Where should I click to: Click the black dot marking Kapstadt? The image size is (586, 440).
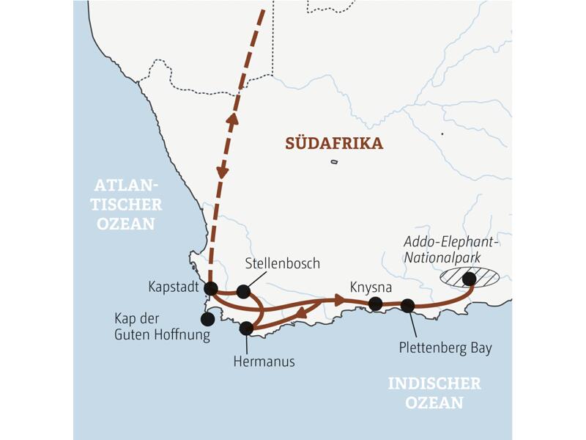pos(211,287)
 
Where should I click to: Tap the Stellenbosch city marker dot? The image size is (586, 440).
pos(243,292)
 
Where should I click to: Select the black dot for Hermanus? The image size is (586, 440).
pos(246,329)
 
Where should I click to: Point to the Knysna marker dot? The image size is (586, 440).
pos(376,304)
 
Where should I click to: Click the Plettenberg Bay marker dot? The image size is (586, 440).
pos(408,305)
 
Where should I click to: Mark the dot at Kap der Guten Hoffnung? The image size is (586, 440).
pos(208,319)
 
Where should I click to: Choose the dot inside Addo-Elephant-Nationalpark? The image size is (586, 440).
pos(469,278)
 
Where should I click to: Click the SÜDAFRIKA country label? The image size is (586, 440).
pos(334,144)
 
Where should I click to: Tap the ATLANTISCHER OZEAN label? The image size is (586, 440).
pos(130,205)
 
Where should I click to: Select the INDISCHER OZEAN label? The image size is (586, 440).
pos(434,393)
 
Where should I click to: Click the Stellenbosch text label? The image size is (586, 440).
pos(281,263)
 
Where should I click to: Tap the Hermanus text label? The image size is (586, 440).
pos(264,361)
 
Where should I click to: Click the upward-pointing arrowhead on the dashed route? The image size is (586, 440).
pos(232,120)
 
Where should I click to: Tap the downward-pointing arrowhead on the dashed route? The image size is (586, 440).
pos(222,172)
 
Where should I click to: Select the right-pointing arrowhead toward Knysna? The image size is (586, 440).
pos(338,300)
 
